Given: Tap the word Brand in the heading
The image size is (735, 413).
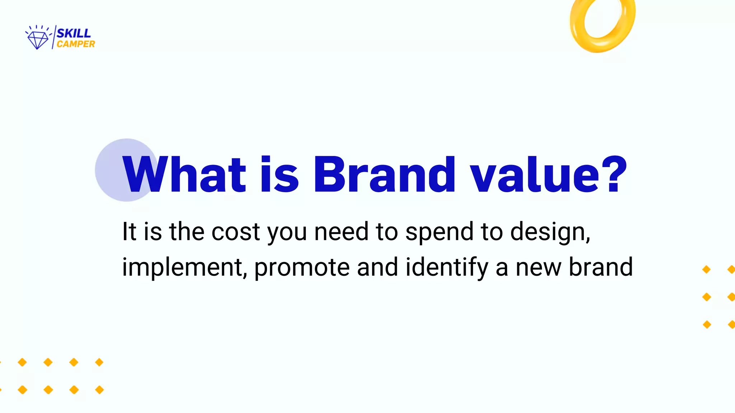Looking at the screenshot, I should tap(384, 175).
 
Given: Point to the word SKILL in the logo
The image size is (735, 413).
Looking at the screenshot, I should tap(74, 33).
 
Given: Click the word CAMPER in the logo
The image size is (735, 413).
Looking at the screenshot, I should tap(76, 44).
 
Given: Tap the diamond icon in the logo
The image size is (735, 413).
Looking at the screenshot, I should tap(38, 39).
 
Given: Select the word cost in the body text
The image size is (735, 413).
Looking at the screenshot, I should tap(235, 232).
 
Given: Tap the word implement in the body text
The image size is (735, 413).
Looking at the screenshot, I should tap(184, 268).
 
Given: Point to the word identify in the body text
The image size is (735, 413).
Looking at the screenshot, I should tap(447, 268).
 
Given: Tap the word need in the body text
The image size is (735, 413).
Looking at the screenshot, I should tap(341, 232).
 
